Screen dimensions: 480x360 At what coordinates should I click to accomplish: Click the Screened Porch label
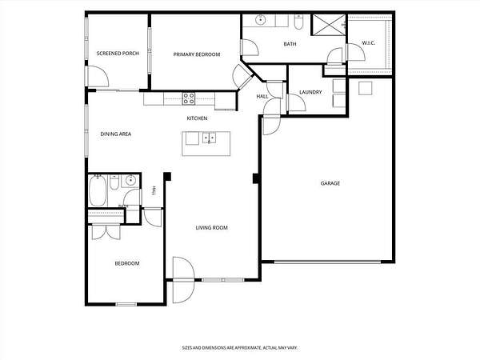(118, 54)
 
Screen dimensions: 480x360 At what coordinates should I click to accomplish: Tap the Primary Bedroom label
(197, 54)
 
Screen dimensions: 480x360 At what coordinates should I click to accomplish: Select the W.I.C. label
(369, 43)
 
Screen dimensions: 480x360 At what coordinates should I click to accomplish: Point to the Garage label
(330, 183)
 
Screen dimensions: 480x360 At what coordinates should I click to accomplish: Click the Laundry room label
(310, 92)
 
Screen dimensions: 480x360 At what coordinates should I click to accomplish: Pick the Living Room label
(211, 228)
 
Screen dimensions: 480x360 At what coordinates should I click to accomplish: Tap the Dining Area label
(116, 134)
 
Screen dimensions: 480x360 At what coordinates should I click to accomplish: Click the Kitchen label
(197, 118)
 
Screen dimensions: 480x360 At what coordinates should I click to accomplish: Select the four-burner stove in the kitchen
(189, 98)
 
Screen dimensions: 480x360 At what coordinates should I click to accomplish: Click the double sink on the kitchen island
(209, 138)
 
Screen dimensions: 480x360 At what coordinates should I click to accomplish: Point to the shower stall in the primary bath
(329, 25)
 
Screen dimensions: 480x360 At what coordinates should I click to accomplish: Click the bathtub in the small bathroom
(98, 190)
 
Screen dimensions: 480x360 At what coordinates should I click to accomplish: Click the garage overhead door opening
(327, 262)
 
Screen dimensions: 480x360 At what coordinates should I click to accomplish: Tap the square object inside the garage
(366, 89)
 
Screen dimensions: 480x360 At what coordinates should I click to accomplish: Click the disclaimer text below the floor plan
(240, 348)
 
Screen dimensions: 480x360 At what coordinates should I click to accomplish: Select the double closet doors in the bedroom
(106, 232)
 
